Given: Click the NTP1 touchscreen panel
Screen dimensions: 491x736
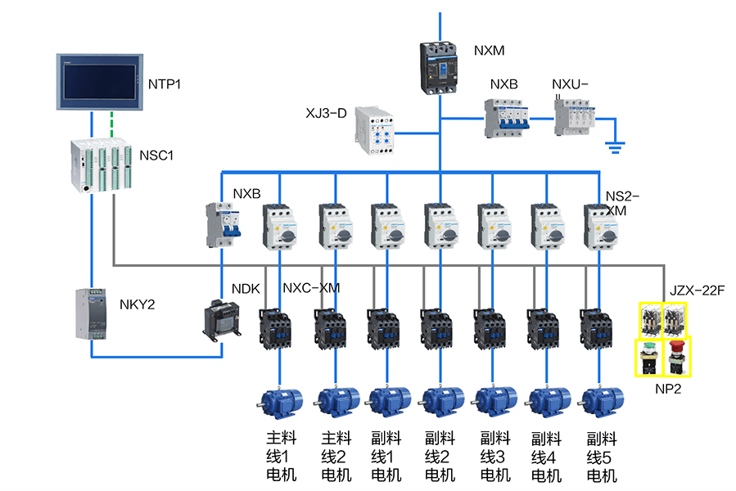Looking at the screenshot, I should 99,83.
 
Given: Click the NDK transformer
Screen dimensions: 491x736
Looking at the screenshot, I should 220,318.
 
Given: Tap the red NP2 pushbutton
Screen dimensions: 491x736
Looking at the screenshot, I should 676,357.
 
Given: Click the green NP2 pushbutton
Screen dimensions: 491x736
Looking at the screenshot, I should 650,357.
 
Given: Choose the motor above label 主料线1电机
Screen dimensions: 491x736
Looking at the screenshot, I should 281,403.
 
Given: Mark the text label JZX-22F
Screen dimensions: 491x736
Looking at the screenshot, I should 698,290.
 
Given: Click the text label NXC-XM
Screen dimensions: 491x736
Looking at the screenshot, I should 310,288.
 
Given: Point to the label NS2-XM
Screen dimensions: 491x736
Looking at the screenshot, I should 622,203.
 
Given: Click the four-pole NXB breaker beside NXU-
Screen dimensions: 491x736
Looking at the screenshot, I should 503,119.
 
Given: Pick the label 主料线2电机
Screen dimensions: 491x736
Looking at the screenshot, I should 336,456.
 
